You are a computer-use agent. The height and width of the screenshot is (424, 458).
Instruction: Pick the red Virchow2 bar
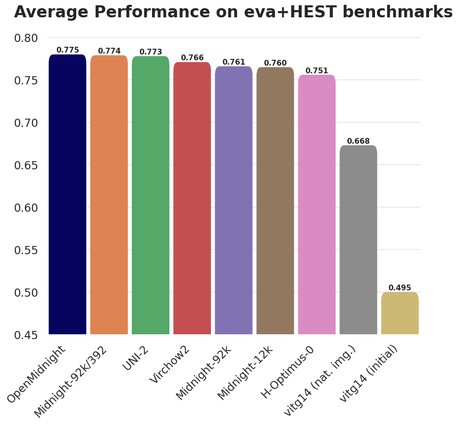click(192, 198)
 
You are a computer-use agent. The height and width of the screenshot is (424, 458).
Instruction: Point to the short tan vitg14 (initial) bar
click(400, 313)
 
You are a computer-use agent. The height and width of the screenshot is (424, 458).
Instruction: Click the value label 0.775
click(68, 50)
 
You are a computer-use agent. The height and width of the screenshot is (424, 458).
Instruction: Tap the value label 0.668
click(358, 141)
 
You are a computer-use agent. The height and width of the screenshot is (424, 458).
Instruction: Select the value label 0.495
click(400, 288)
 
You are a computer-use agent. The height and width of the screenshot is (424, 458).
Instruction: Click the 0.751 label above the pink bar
click(317, 71)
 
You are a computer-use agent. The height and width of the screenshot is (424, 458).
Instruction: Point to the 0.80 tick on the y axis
click(26, 38)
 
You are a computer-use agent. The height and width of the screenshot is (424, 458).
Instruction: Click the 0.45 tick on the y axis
click(26, 335)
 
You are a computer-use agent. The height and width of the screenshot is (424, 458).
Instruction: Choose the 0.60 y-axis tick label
click(26, 207)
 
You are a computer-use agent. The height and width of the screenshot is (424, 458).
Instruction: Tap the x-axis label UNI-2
click(137, 359)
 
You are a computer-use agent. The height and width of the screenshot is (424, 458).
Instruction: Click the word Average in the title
click(44, 12)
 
